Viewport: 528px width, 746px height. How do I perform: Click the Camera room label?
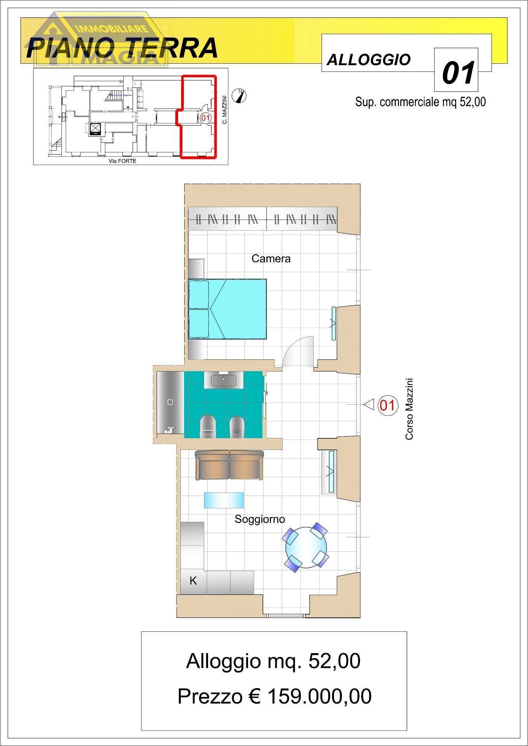click(271, 258)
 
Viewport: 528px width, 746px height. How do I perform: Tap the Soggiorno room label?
click(260, 519)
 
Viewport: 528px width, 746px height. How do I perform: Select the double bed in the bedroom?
click(227, 309)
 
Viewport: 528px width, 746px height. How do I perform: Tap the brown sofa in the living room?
click(229, 465)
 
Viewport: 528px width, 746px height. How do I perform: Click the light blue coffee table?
click(224, 500)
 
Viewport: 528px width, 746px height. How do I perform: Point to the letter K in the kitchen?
click(193, 580)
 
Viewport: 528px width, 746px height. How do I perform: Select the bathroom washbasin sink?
click(224, 380)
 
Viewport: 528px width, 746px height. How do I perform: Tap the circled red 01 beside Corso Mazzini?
click(387, 405)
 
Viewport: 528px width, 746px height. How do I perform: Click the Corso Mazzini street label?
click(409, 409)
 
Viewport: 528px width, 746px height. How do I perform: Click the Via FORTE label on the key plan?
click(122, 161)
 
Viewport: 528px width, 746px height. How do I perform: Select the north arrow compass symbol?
click(239, 96)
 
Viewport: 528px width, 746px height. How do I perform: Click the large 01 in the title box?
click(458, 73)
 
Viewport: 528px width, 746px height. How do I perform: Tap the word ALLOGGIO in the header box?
click(369, 60)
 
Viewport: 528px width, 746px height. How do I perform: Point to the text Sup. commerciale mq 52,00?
click(420, 102)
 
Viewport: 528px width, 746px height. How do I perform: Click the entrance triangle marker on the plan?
click(368, 404)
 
